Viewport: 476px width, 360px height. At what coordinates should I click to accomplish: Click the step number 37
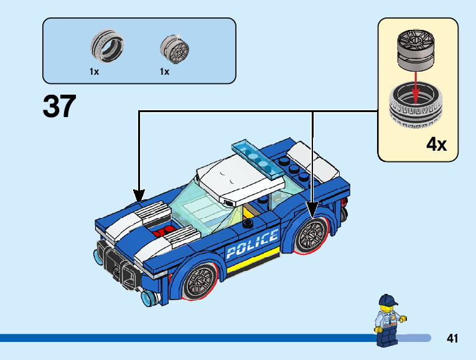60,107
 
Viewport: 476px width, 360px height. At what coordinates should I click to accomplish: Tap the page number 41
452,338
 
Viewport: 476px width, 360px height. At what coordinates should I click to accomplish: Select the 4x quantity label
436,144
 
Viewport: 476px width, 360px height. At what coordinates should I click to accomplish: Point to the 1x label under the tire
94,72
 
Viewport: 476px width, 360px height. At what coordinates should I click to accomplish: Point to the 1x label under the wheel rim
164,72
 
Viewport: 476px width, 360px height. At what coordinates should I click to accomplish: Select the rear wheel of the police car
311,234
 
